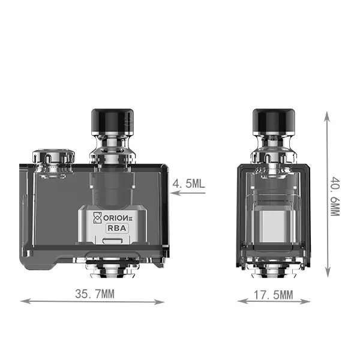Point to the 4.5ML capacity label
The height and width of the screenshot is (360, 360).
[188, 184]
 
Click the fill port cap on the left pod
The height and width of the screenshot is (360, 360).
[53, 157]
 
